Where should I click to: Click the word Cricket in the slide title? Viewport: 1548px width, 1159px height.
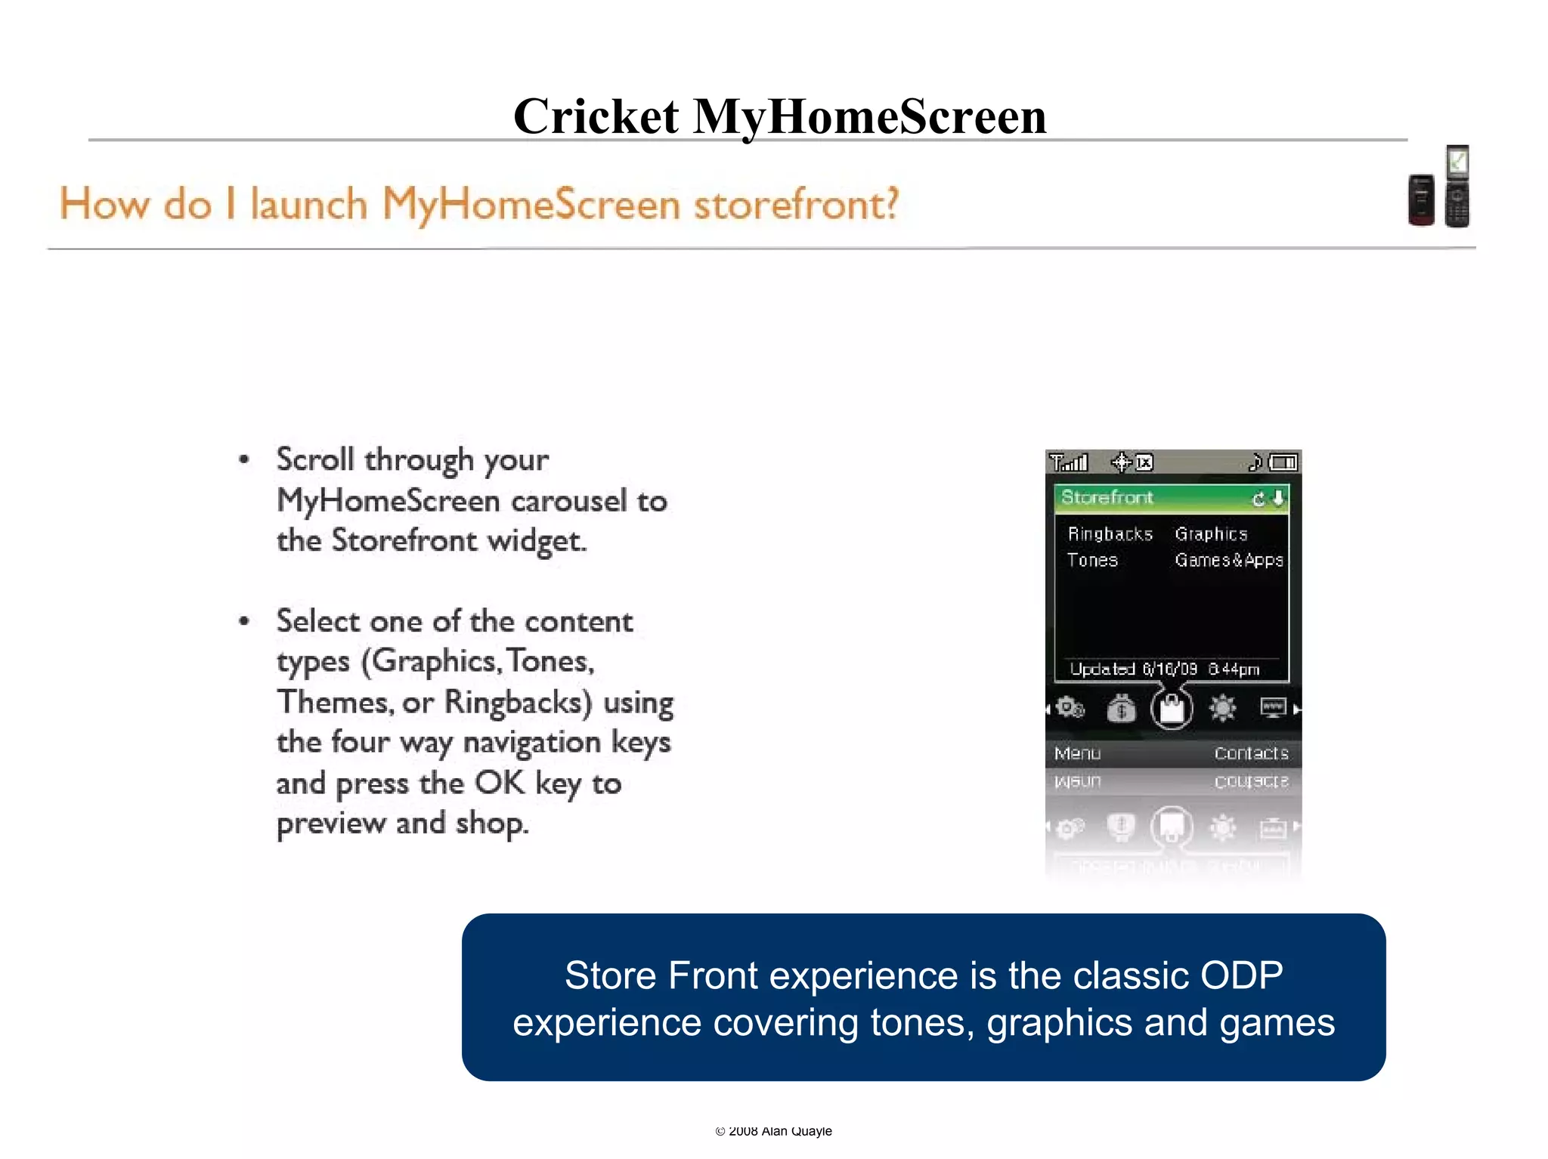tap(596, 117)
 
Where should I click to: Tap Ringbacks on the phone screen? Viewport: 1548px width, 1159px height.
tap(1110, 534)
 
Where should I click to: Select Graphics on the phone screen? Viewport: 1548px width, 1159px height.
tap(1211, 534)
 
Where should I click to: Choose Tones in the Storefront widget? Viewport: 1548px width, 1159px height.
tap(1092, 560)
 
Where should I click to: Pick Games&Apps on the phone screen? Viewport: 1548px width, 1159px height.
tap(1229, 560)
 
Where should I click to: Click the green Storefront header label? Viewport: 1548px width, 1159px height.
tap(1107, 497)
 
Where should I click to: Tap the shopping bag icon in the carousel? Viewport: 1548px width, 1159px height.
tap(1172, 709)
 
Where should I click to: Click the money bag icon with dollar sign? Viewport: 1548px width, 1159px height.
tap(1121, 709)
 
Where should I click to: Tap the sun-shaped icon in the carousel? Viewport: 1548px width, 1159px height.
tap(1222, 708)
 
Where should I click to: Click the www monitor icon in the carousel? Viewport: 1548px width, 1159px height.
tap(1273, 707)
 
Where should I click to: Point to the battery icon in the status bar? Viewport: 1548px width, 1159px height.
tap(1283, 462)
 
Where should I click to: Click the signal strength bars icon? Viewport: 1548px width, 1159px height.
tap(1069, 462)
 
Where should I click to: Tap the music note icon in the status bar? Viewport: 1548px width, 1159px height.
tap(1255, 462)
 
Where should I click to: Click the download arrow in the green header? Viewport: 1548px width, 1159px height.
tap(1278, 498)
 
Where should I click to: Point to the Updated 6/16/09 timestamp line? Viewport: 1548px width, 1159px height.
tap(1165, 669)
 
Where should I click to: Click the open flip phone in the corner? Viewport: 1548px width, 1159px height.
tap(1457, 186)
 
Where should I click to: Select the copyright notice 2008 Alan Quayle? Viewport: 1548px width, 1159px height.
tap(773, 1131)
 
